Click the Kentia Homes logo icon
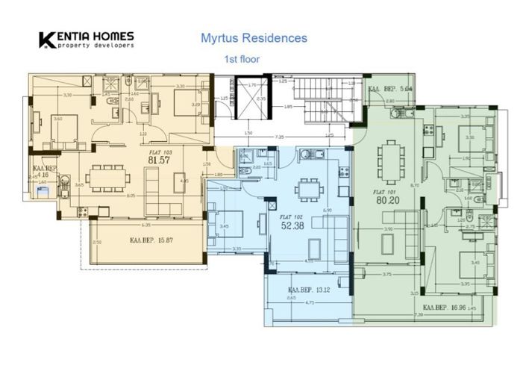(x=47, y=39)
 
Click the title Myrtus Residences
(x=254, y=37)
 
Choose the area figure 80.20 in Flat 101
(x=385, y=200)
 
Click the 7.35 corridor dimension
(x=279, y=137)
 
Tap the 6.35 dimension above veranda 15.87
(x=148, y=224)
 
